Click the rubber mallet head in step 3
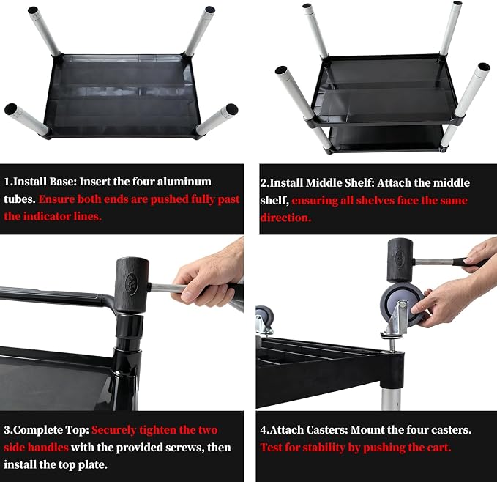pyautogui.click(x=132, y=285)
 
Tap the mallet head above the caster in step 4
pyautogui.click(x=400, y=260)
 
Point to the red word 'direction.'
pyautogui.click(x=285, y=218)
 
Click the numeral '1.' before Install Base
pyautogui.click(x=8, y=182)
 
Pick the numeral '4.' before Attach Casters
pyautogui.click(x=264, y=430)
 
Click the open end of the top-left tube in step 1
pyautogui.click(x=33, y=10)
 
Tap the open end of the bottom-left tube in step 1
pyautogui.click(x=10, y=108)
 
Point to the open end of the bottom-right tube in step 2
pyautogui.click(x=484, y=67)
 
